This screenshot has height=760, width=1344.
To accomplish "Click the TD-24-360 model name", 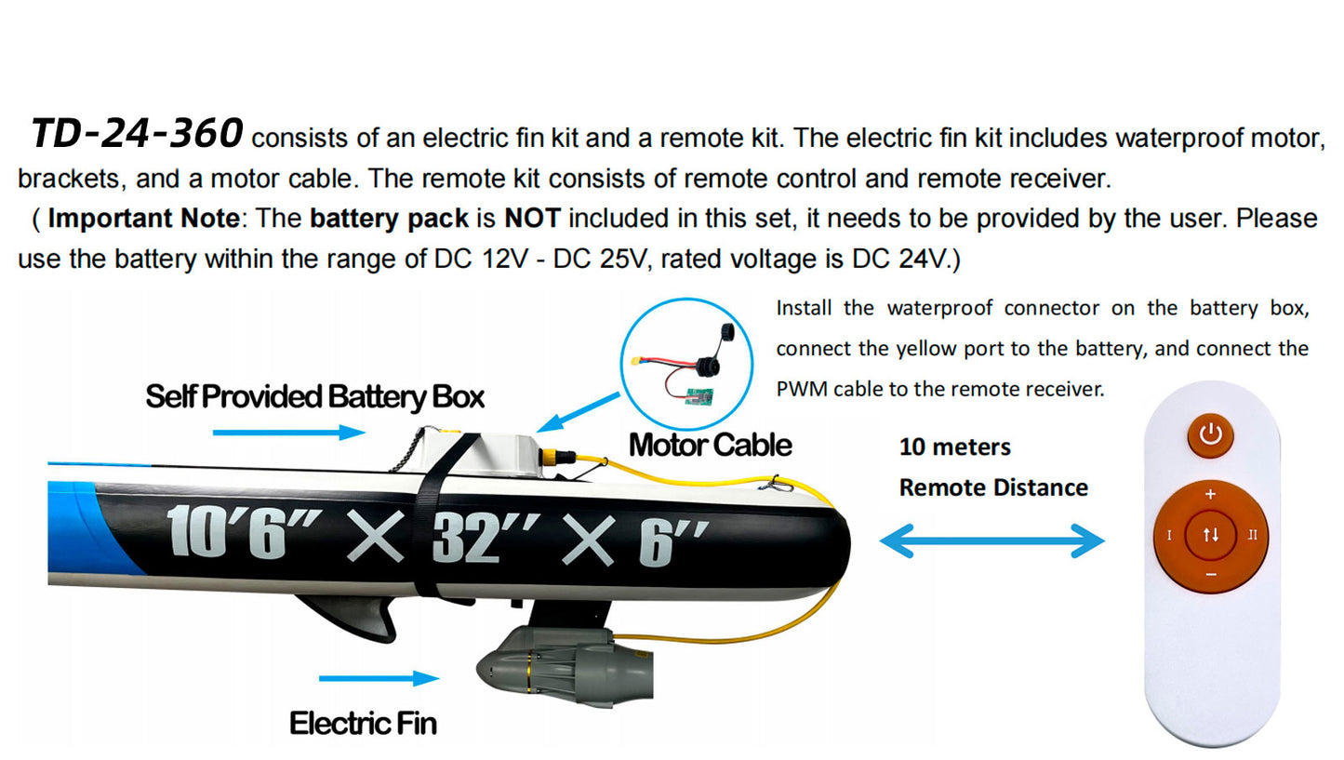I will (x=137, y=135).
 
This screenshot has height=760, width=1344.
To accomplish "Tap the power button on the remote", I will (x=1210, y=434).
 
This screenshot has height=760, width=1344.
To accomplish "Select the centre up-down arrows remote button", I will (x=1210, y=534).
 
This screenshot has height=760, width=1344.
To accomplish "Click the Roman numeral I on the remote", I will (x=1169, y=535).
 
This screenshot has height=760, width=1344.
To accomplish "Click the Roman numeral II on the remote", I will (x=1252, y=535).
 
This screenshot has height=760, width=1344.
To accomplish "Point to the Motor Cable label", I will (x=710, y=445).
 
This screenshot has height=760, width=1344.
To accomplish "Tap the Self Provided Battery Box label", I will (x=314, y=397).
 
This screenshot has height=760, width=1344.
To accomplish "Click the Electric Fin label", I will (x=363, y=723).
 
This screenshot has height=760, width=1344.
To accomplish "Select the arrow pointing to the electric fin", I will (x=379, y=678).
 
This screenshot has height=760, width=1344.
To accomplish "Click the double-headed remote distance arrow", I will (x=991, y=541).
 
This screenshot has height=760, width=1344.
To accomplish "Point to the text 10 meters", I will (x=954, y=447).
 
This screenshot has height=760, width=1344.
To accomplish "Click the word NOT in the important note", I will (x=532, y=219).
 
